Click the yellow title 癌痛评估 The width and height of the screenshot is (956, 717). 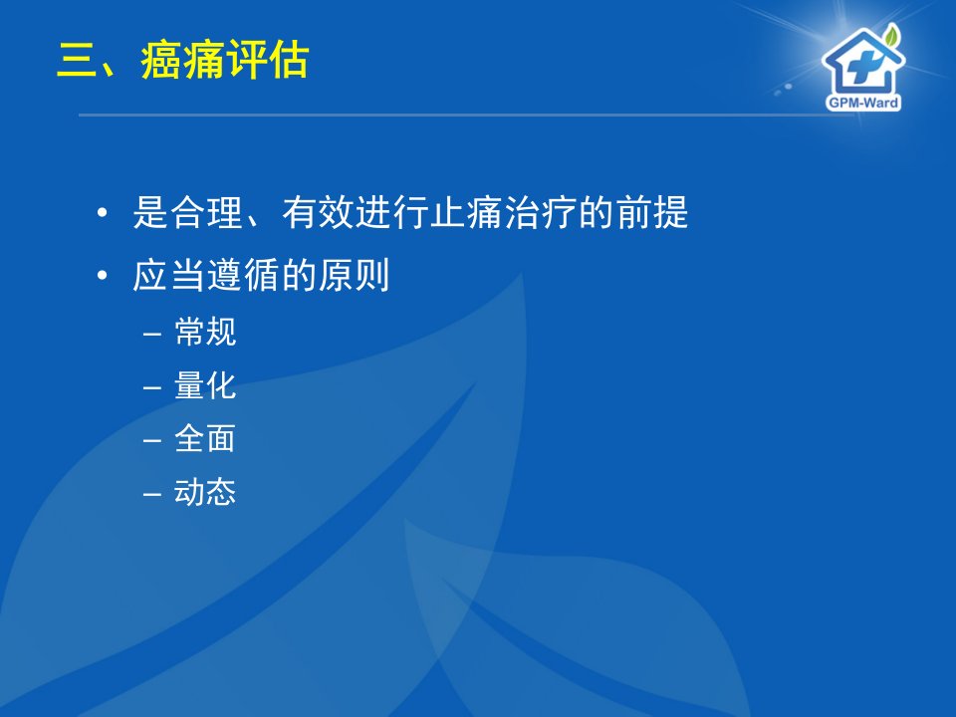pos(225,61)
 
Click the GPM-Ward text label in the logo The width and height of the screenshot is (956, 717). pos(863,103)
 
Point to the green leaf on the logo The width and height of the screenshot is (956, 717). pos(892,36)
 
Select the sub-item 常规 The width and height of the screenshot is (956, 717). pos(205,333)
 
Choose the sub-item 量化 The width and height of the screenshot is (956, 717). pos(205,385)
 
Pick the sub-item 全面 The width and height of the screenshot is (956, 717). pos(205,438)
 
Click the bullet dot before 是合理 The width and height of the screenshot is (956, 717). pos(102,213)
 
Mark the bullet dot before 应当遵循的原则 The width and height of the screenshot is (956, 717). pos(102,275)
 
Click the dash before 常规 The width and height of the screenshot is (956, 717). pos(151,335)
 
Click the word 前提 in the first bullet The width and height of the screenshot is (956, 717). pos(651,212)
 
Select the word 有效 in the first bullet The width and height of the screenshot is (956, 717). pos(319,212)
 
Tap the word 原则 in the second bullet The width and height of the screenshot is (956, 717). pos(354,275)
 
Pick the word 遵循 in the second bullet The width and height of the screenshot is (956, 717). pos(244,275)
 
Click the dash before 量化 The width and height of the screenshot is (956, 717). pos(151,387)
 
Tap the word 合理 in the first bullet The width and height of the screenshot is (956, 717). pos(207,212)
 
